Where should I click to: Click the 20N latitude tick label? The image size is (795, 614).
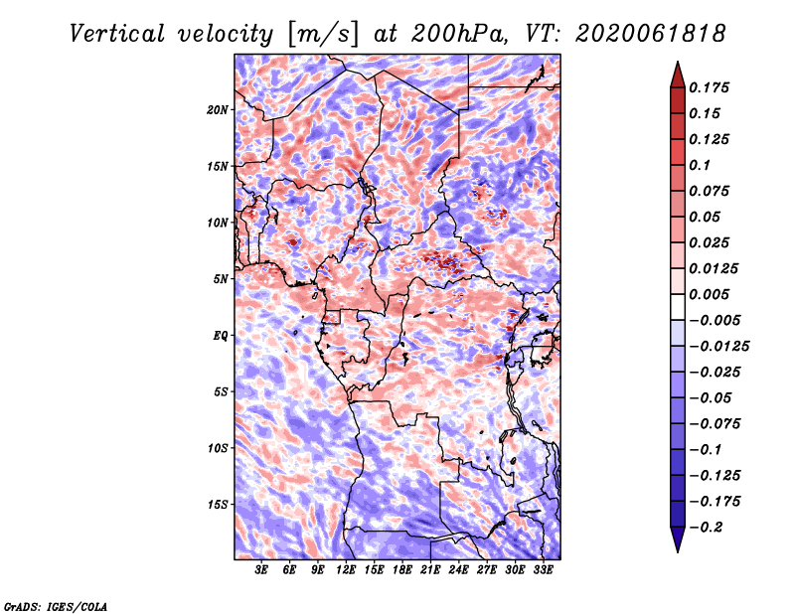click(x=218, y=110)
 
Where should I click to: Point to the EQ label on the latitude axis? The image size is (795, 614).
click(x=220, y=336)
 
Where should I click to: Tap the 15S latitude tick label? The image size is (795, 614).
click(x=218, y=505)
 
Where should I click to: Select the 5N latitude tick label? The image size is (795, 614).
click(x=221, y=279)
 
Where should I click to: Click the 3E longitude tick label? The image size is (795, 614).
click(x=261, y=570)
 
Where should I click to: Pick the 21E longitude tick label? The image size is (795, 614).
click(x=430, y=570)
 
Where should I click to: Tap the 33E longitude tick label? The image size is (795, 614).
click(x=543, y=570)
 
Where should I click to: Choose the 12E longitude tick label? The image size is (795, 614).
click(x=346, y=570)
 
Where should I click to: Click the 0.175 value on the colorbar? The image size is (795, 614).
click(x=709, y=87)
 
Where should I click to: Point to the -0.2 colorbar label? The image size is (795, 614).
click(x=706, y=528)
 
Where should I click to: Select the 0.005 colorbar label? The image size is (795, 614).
click(x=709, y=294)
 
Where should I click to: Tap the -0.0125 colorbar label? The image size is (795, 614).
click(x=718, y=347)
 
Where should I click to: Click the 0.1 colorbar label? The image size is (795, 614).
click(x=700, y=165)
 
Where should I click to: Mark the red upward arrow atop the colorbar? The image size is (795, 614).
click(x=678, y=76)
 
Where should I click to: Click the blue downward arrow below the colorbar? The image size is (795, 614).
click(x=678, y=539)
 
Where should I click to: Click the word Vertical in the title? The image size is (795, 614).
click(x=117, y=34)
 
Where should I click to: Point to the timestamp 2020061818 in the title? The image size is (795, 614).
click(x=651, y=34)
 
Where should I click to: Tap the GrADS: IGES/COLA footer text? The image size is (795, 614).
click(x=56, y=606)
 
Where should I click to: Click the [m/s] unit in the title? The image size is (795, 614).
click(x=322, y=34)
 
